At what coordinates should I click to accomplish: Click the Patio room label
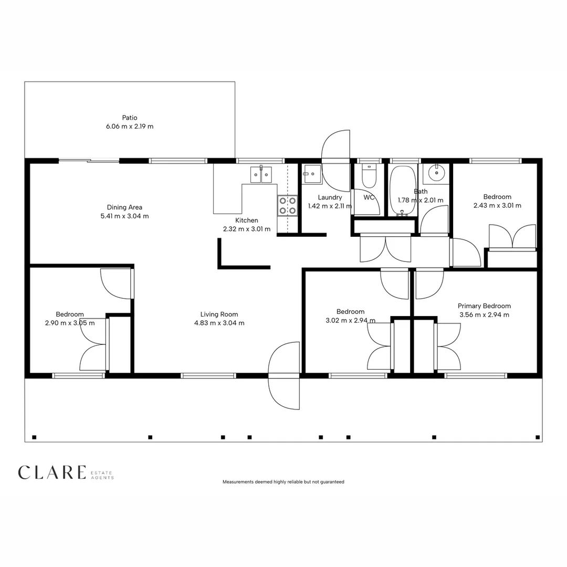pyautogui.click(x=130, y=118)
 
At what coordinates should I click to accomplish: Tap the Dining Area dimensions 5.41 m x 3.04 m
pyautogui.click(x=124, y=216)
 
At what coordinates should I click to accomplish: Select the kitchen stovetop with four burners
pyautogui.click(x=287, y=205)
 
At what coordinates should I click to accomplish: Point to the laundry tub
pyautogui.click(x=312, y=173)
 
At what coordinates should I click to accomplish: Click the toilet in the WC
pyautogui.click(x=369, y=176)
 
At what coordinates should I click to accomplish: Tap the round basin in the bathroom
pyautogui.click(x=436, y=172)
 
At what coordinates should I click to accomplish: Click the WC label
pyautogui.click(x=369, y=197)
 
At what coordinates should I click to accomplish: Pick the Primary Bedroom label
pyautogui.click(x=484, y=306)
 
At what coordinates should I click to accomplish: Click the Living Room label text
pyautogui.click(x=219, y=314)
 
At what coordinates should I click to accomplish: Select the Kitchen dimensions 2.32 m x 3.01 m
pyautogui.click(x=247, y=229)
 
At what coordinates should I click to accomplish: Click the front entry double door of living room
pyautogui.click(x=284, y=375)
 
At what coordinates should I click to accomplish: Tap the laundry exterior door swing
pyautogui.click(x=336, y=152)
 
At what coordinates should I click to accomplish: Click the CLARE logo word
pyautogui.click(x=51, y=472)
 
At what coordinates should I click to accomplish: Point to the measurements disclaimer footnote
pyautogui.click(x=283, y=481)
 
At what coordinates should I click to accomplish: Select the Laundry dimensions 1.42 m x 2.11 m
pyautogui.click(x=330, y=206)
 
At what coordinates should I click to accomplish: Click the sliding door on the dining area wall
pyautogui.click(x=88, y=161)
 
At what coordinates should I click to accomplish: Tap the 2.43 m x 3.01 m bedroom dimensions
pyautogui.click(x=497, y=205)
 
